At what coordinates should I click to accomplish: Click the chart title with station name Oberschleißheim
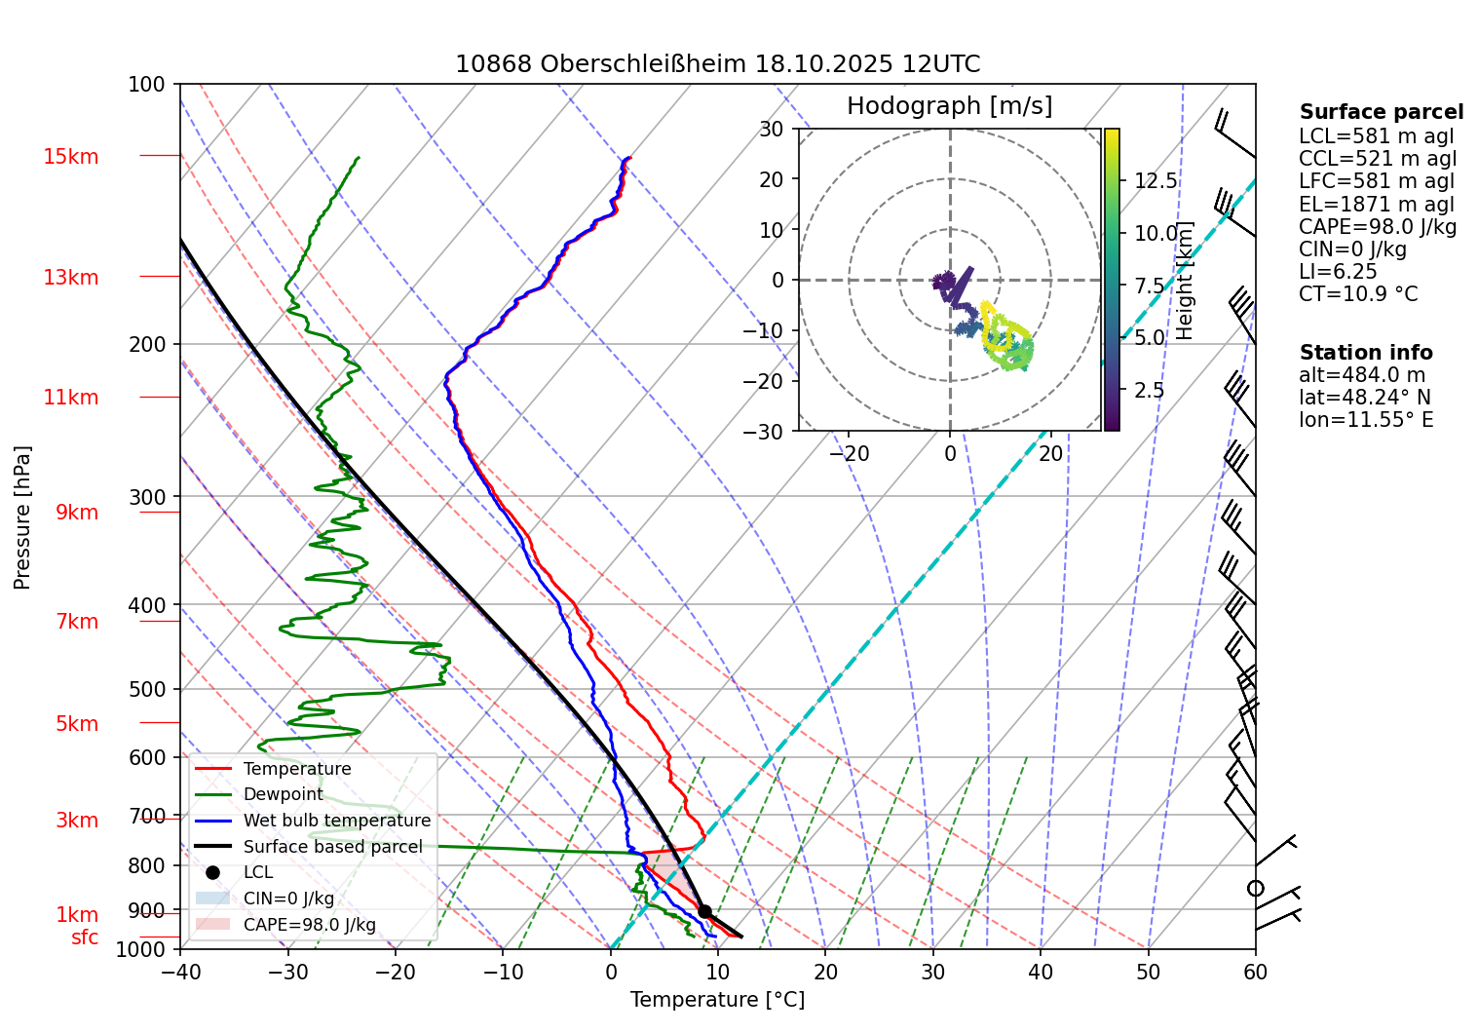[717, 64]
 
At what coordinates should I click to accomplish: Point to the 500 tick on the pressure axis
[147, 689]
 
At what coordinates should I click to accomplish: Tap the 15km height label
[70, 157]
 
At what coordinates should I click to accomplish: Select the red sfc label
[85, 937]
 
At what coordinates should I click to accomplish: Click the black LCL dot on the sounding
[704, 911]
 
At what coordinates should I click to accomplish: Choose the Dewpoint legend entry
[283, 794]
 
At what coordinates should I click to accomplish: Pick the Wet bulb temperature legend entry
[336, 821]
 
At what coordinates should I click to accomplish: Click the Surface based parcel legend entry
[332, 847]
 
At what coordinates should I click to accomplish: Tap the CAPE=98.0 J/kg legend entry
[309, 925]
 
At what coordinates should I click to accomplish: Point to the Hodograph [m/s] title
[949, 106]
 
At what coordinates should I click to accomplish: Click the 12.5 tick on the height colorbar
[1156, 181]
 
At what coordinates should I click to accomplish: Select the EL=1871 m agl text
[1376, 205]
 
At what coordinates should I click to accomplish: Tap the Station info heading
[1366, 353]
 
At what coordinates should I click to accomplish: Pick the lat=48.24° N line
[1364, 398]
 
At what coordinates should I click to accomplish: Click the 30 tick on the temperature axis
[932, 972]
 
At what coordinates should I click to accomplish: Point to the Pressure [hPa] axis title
[22, 517]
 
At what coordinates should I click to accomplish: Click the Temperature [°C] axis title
[717, 1000]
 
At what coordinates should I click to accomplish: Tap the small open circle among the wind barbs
[1255, 889]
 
